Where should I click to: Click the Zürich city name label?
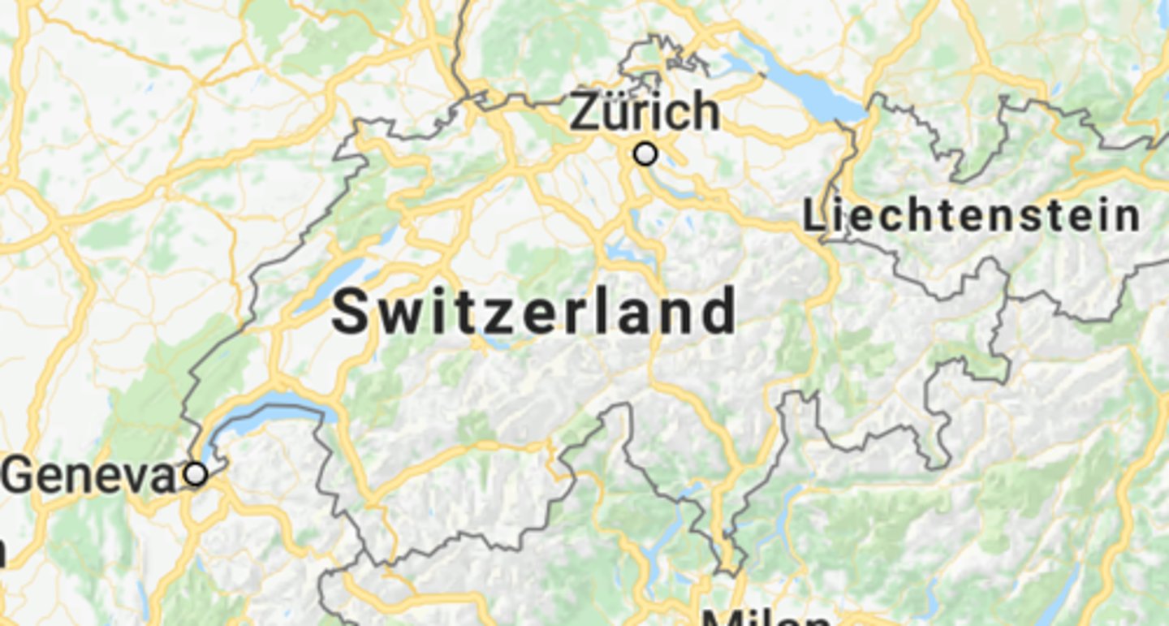pyautogui.click(x=645, y=112)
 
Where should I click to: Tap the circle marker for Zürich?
pyautogui.click(x=645, y=153)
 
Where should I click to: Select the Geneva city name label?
pyautogui.click(x=88, y=477)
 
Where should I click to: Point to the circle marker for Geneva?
pyautogui.click(x=196, y=474)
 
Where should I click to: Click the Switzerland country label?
pyautogui.click(x=534, y=313)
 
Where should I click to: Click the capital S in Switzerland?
pyautogui.click(x=351, y=313)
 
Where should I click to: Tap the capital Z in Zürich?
pyautogui.click(x=586, y=112)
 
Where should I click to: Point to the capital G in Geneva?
pyautogui.click(x=18, y=477)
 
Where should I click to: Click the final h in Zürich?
pyautogui.click(x=705, y=112)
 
